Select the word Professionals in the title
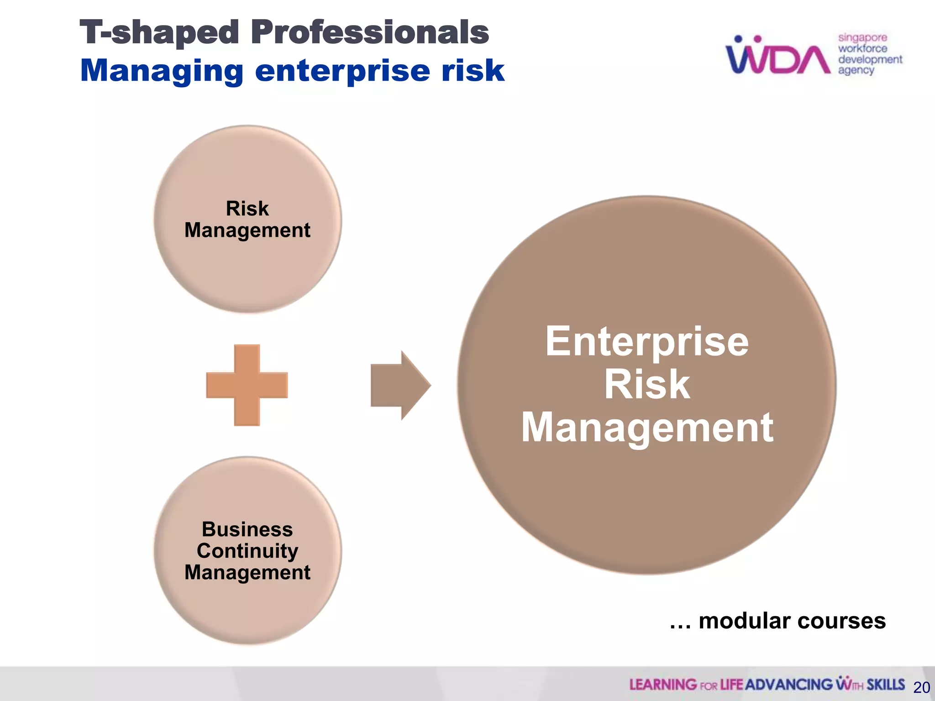(x=370, y=33)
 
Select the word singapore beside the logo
(x=862, y=38)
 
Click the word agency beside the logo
(x=856, y=71)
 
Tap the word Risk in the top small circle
(x=247, y=209)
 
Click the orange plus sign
(x=247, y=385)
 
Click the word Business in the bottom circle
(x=247, y=529)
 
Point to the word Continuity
(x=247, y=551)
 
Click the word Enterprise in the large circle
(x=647, y=341)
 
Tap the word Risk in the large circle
(x=647, y=384)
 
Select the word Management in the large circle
(x=647, y=428)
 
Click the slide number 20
(x=922, y=687)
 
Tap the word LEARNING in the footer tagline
(x=662, y=685)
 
